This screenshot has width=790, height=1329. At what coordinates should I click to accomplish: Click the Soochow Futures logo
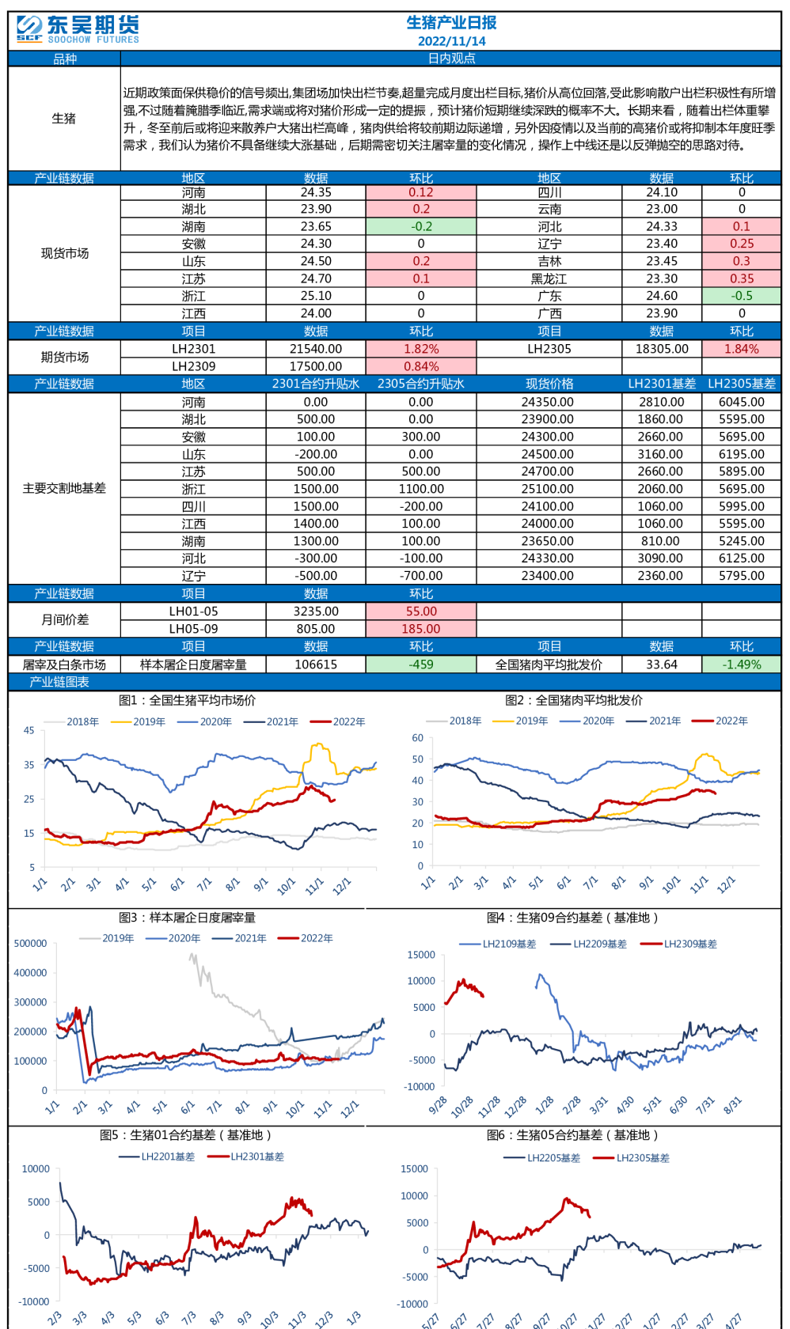78,29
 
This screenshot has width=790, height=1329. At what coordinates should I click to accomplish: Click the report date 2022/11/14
451,41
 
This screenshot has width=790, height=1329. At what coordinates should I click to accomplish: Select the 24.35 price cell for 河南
316,192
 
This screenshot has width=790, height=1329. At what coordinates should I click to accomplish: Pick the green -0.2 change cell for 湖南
421,227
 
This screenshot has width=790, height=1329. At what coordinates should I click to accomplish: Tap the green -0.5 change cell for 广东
741,296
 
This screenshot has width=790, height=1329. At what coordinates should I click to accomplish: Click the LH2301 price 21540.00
316,349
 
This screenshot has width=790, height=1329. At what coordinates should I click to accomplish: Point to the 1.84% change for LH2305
741,349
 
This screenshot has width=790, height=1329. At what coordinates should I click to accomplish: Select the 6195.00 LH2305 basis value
741,454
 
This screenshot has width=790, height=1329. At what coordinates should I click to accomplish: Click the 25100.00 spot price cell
548,489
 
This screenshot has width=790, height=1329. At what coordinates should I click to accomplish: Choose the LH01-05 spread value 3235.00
316,611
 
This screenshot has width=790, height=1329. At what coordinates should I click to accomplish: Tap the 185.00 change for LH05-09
421,629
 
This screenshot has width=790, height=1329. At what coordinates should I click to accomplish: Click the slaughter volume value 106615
316,664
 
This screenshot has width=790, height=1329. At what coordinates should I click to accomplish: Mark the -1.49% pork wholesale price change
741,664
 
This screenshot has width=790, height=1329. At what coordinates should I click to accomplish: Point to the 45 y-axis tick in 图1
28,730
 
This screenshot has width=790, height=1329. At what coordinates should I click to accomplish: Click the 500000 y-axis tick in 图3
31,943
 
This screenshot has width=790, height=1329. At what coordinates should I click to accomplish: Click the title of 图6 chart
572,1135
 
